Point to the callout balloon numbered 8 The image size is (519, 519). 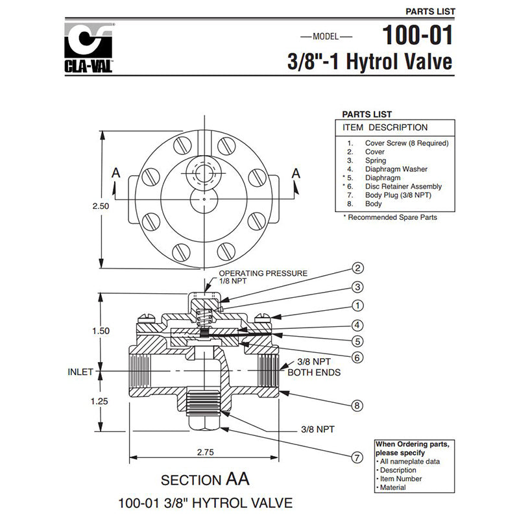(x=357, y=406)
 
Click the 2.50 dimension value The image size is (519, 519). (x=101, y=205)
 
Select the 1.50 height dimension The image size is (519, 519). (x=101, y=331)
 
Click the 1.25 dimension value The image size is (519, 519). (x=101, y=401)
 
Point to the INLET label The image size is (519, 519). (x=80, y=372)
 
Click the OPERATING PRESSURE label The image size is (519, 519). (x=263, y=273)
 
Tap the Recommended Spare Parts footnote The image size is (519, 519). (x=390, y=217)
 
